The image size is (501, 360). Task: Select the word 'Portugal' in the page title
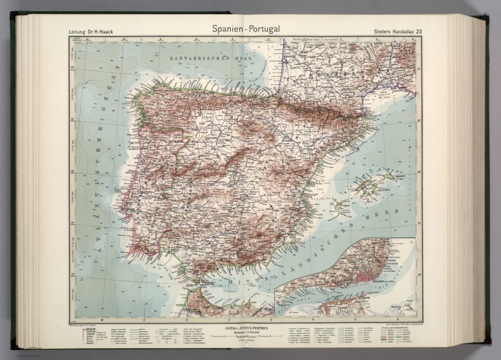point(269,29)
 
